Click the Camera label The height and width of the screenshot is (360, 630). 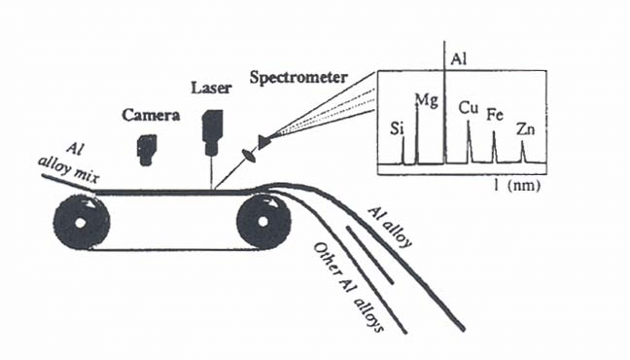tap(151, 115)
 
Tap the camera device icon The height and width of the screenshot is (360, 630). tap(146, 150)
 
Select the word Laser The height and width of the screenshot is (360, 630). tap(211, 88)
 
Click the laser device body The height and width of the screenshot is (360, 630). tap(212, 132)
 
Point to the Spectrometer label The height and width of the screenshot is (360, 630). tap(298, 77)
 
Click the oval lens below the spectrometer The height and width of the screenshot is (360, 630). tap(249, 156)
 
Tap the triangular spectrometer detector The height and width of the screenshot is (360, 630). tap(264, 142)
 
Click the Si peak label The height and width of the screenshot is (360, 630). tap(397, 128)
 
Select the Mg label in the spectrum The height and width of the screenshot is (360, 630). tap(426, 100)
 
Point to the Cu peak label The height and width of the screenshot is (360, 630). tap(469, 108)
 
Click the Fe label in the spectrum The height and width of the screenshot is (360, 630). tap(495, 115)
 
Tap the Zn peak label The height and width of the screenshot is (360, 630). tap(526, 129)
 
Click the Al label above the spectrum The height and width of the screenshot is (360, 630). tap(459, 59)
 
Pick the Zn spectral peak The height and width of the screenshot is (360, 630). tap(522, 152)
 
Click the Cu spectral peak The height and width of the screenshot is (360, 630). tap(469, 142)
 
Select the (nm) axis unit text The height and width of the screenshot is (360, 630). tap(524, 186)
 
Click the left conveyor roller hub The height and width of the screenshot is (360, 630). tap(80, 223)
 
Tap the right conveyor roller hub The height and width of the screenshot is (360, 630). tap(263, 222)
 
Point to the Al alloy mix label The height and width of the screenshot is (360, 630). tap(69, 164)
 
